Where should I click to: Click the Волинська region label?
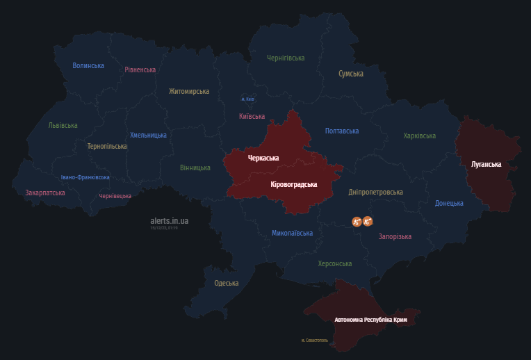(x=88, y=66)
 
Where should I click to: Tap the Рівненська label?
(x=140, y=69)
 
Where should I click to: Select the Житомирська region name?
(x=189, y=91)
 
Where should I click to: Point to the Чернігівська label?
(x=286, y=58)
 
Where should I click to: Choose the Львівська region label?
(x=63, y=126)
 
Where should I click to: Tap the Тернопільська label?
(x=107, y=147)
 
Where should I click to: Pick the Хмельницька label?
(x=148, y=135)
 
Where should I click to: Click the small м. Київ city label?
(x=247, y=99)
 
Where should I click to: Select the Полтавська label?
(x=342, y=131)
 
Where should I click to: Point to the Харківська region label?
(x=420, y=136)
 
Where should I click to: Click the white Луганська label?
(x=486, y=164)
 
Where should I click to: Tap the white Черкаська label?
(x=263, y=158)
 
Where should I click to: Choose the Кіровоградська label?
(x=293, y=185)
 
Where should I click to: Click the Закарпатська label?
(x=45, y=193)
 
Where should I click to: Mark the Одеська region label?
(x=227, y=283)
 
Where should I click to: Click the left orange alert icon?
(x=357, y=222)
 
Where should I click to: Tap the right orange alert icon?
(x=368, y=222)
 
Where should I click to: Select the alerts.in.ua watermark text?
(x=170, y=221)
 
